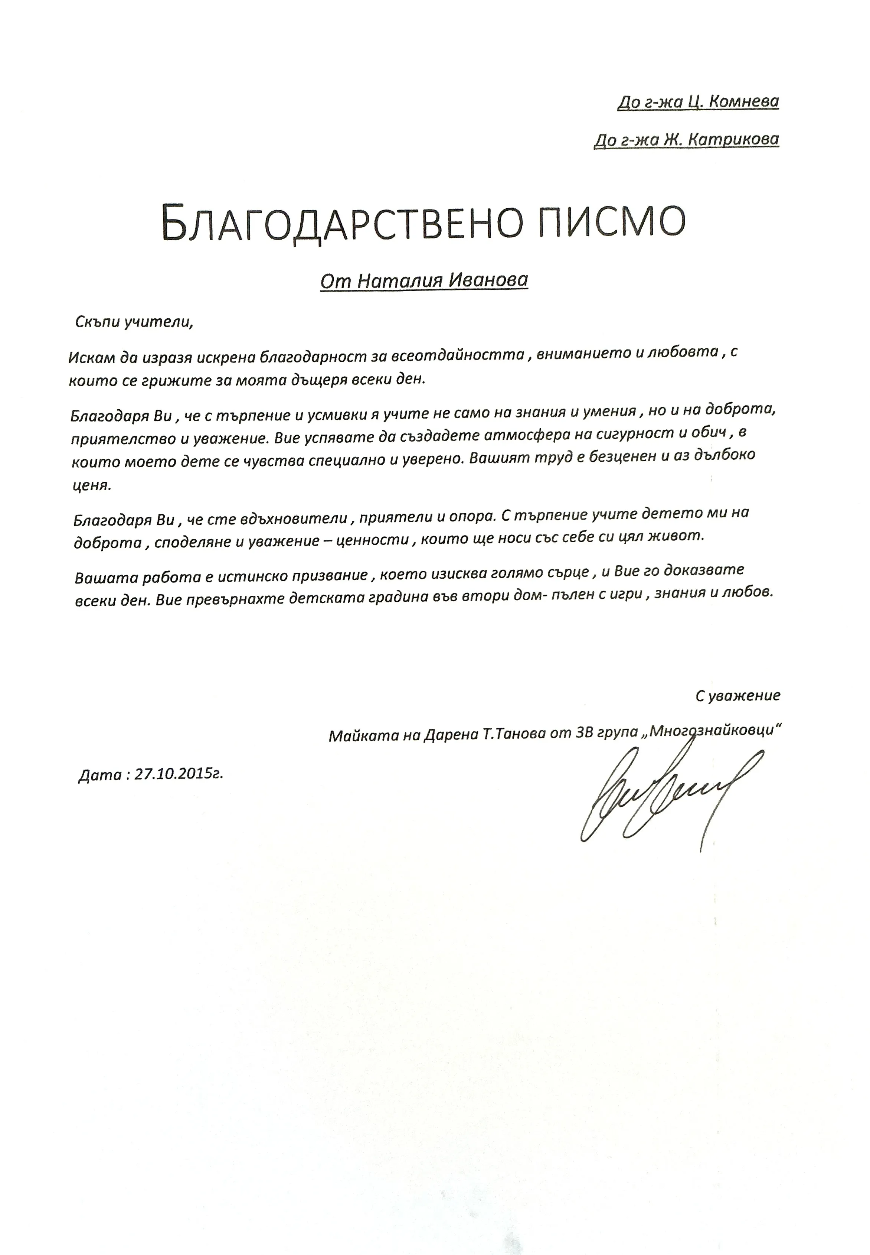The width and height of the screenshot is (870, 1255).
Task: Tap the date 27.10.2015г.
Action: (x=179, y=774)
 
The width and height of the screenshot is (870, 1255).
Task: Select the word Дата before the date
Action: (x=99, y=775)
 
